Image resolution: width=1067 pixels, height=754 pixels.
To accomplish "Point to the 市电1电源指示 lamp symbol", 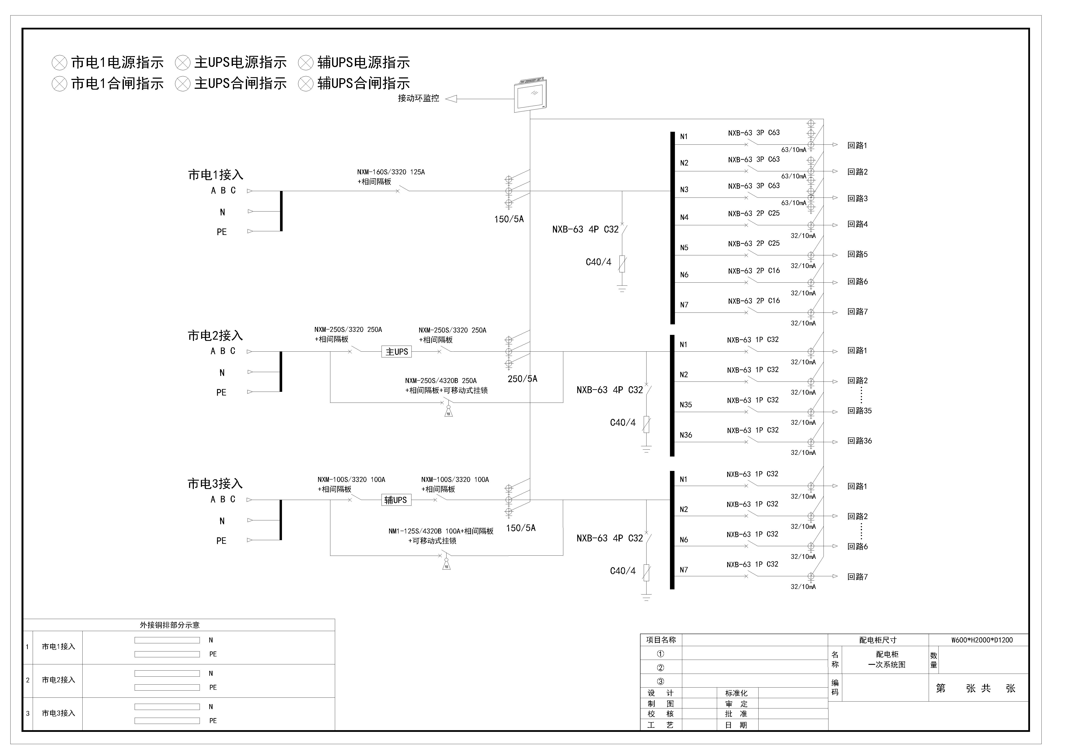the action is pyautogui.click(x=60, y=63).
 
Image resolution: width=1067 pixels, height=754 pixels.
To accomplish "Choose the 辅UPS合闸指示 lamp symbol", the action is pyautogui.click(x=306, y=84).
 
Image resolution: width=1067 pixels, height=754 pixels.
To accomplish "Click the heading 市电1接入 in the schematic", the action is pyautogui.click(x=216, y=175).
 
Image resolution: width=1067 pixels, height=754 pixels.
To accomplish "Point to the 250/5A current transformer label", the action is pyautogui.click(x=522, y=379).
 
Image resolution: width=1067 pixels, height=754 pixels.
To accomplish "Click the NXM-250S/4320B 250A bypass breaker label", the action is pyautogui.click(x=440, y=381).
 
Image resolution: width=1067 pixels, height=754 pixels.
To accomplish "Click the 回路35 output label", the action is pyautogui.click(x=860, y=411).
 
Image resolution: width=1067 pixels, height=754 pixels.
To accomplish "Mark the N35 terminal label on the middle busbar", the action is pyautogui.click(x=686, y=405).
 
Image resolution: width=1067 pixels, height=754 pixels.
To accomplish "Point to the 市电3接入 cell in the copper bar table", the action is pyautogui.click(x=58, y=713).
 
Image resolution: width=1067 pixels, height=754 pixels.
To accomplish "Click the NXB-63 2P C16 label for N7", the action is pyautogui.click(x=754, y=301).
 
